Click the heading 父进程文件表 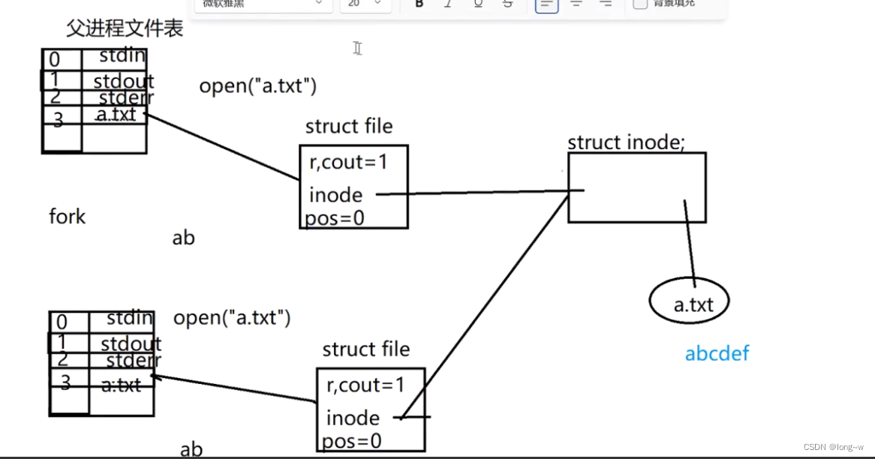[x=125, y=29]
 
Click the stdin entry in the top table [x=122, y=55]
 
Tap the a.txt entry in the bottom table [x=121, y=385]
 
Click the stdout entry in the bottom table [x=131, y=343]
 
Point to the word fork [x=68, y=217]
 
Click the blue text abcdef [x=717, y=353]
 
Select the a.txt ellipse [x=689, y=303]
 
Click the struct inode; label [x=626, y=142]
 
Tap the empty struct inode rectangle [x=636, y=187]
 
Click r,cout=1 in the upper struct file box [x=348, y=161]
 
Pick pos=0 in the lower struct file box [x=352, y=441]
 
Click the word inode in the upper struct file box [x=335, y=195]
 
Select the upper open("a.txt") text [x=257, y=85]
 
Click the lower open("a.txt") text [x=232, y=317]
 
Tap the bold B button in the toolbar [x=419, y=3]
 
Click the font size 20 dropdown [x=365, y=4]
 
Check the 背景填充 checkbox [x=640, y=3]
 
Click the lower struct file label [x=366, y=349]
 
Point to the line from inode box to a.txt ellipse [x=689, y=240]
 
